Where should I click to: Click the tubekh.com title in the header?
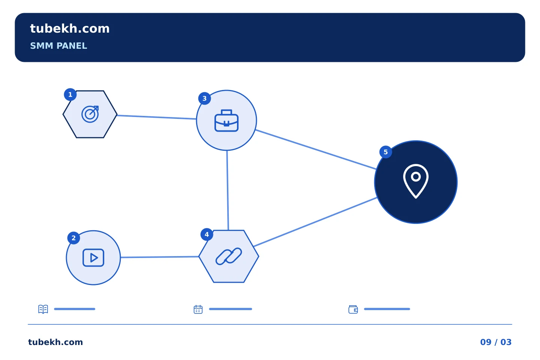[70, 28]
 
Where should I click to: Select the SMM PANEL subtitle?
[58, 46]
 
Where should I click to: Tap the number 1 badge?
[70, 94]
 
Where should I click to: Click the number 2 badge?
[73, 238]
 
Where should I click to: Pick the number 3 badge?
[204, 98]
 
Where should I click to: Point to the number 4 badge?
[207, 234]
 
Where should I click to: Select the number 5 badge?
[385, 152]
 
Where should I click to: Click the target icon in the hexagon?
[90, 114]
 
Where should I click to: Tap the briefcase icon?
[226, 121]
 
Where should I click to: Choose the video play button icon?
[93, 258]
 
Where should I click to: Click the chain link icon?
[228, 256]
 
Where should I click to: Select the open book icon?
[43, 309]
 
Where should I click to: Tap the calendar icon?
[198, 309]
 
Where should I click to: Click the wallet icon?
[353, 309]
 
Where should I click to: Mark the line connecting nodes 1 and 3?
[157, 117]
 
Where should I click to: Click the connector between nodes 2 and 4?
[160, 257]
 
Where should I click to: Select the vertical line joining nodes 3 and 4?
[228, 190]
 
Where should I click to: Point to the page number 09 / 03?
[496, 342]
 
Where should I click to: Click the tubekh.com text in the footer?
[55, 342]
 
